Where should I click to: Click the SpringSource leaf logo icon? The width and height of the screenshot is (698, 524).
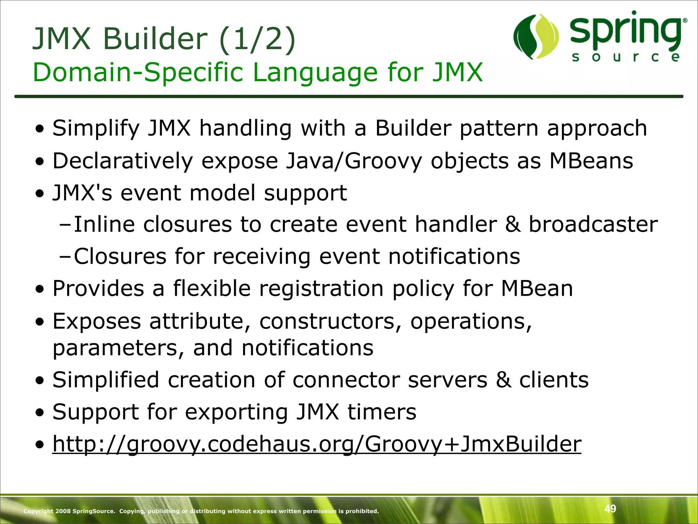[x=536, y=37]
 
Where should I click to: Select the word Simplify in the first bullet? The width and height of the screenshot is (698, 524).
[x=96, y=128]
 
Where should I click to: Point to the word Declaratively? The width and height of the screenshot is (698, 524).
[x=123, y=161]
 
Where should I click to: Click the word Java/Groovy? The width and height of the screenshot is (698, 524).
[x=354, y=161]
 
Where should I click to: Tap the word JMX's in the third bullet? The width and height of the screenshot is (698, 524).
[x=82, y=193]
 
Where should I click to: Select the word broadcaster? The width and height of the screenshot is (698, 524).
[x=593, y=224]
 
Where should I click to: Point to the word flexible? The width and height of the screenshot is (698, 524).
[x=212, y=289]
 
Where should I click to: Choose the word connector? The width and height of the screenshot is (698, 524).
[x=346, y=380]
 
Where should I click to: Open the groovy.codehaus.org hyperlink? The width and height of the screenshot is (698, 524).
[x=317, y=444]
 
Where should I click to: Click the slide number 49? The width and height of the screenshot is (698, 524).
[x=610, y=509]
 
